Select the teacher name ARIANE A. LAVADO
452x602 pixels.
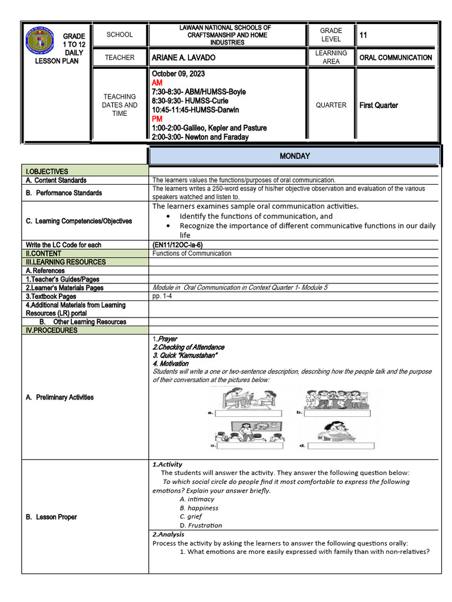[184, 58]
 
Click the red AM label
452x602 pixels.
[157, 83]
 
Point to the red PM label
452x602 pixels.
[157, 119]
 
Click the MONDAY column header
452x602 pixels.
[294, 156]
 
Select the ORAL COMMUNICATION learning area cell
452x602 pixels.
[395, 58]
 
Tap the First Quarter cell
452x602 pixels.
[378, 105]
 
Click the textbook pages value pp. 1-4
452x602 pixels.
[162, 296]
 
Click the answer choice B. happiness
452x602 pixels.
[199, 508]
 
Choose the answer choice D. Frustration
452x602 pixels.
[201, 526]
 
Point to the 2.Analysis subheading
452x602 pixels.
[168, 534]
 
